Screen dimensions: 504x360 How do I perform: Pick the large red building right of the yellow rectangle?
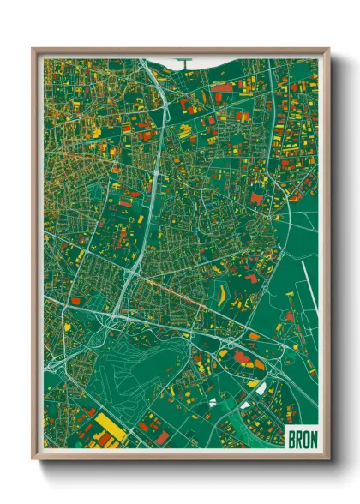(147, 425)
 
